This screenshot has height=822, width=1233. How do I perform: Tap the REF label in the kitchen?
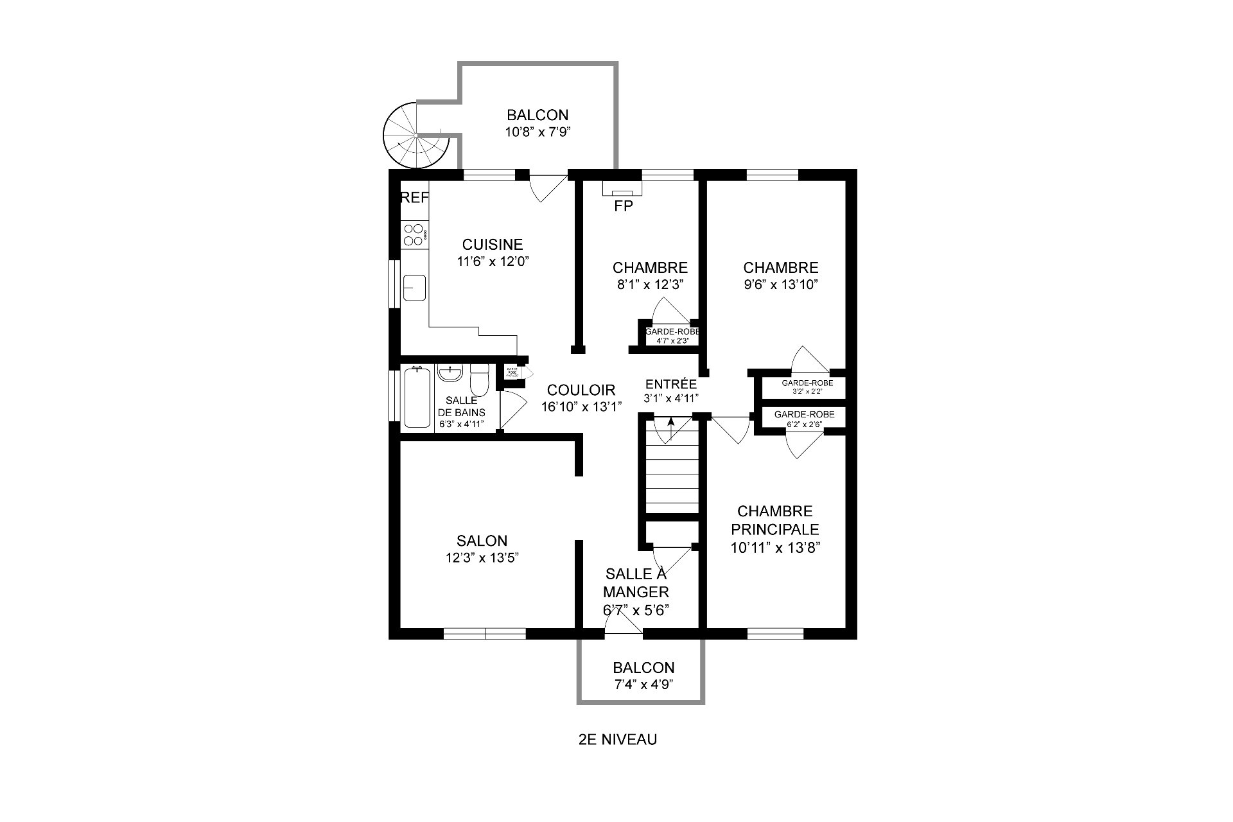pyautogui.click(x=414, y=198)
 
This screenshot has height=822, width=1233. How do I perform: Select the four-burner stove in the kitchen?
pyautogui.click(x=414, y=234)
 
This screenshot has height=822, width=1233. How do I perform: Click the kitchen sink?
pyautogui.click(x=414, y=287)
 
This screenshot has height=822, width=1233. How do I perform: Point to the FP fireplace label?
pyautogui.click(x=624, y=206)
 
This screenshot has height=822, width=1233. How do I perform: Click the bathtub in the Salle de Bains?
pyautogui.click(x=417, y=398)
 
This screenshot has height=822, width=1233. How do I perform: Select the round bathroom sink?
pyautogui.click(x=450, y=373)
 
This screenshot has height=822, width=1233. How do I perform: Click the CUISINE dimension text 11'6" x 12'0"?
pyautogui.click(x=493, y=261)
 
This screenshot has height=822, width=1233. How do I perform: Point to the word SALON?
pyautogui.click(x=482, y=541)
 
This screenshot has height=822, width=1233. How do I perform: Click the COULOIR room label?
pyautogui.click(x=581, y=390)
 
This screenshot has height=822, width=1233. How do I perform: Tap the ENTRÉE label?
pyautogui.click(x=670, y=384)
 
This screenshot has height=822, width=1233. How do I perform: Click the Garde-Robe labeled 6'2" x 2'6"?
pyautogui.click(x=804, y=418)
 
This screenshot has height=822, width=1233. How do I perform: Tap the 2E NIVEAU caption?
pyautogui.click(x=617, y=739)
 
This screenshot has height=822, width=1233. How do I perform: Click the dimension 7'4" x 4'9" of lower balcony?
pyautogui.click(x=643, y=685)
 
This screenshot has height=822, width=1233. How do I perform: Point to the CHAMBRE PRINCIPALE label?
pyautogui.click(x=775, y=520)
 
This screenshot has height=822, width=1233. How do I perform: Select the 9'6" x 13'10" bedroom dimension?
pyautogui.click(x=780, y=284)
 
